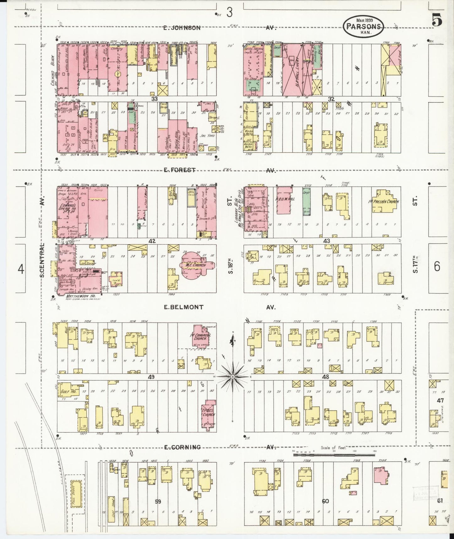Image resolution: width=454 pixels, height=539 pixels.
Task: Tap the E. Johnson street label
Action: (x=182, y=28)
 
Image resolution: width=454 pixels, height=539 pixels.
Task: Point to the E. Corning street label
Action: (x=182, y=447)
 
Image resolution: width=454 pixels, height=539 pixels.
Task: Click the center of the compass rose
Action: (x=232, y=376)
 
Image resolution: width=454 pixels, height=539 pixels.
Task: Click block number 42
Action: (x=152, y=241)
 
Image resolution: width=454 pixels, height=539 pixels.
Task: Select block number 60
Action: (x=325, y=501)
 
